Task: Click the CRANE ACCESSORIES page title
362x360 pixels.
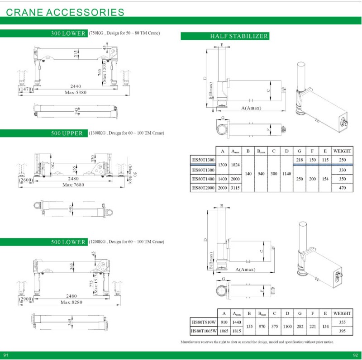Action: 65,12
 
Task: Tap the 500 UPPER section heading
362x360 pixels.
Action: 67,133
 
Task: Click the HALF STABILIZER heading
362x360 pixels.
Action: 239,36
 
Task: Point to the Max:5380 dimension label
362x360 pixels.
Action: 76,92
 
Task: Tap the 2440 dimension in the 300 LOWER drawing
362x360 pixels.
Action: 76,86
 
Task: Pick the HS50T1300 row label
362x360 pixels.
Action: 203,160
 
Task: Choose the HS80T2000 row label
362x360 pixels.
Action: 203,188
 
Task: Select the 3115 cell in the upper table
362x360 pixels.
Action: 235,188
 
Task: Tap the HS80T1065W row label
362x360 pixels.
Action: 203,330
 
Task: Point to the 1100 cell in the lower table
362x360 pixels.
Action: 288,326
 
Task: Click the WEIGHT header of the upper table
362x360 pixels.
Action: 342,151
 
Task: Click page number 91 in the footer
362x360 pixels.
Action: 6,355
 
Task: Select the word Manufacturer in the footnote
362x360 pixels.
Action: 191,342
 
